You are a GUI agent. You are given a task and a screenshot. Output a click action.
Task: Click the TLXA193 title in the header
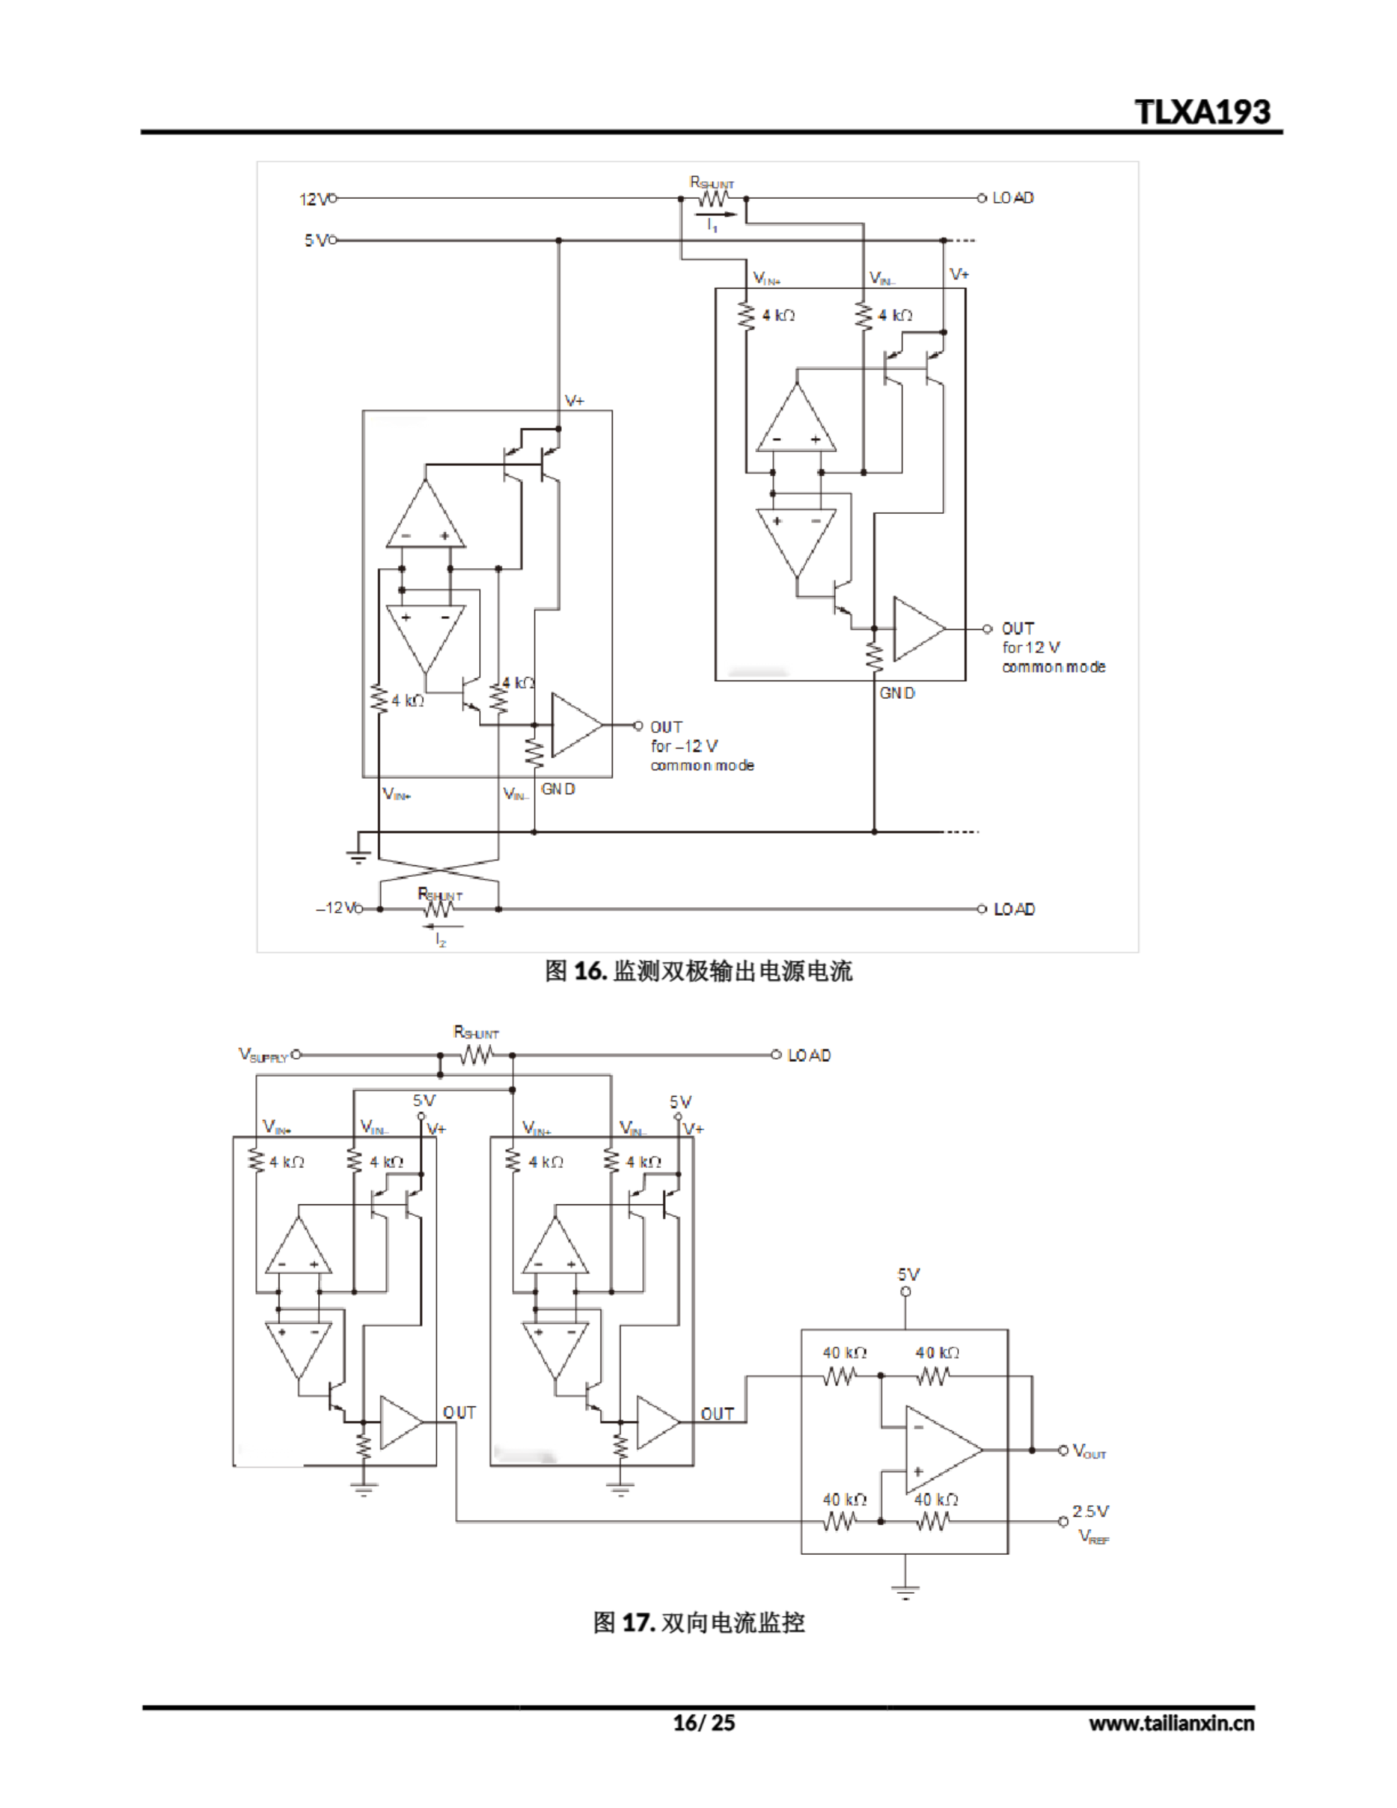[x=1201, y=112]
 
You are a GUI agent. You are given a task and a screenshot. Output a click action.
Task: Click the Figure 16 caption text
[x=698, y=971]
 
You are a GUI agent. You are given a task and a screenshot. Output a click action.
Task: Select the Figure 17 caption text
[x=698, y=1622]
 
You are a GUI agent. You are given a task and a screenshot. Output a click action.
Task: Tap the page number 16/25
[x=703, y=1723]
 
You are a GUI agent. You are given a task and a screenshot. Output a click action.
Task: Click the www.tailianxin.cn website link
[x=1171, y=1723]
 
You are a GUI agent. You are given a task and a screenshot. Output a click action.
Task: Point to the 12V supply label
[x=313, y=199]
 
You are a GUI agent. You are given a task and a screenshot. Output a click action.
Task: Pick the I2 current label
[x=441, y=939]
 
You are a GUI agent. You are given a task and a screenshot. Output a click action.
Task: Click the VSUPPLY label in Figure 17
[x=263, y=1056]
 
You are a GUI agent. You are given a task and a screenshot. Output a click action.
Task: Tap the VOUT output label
[x=1089, y=1451]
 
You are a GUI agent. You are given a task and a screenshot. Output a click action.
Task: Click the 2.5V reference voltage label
[x=1090, y=1511]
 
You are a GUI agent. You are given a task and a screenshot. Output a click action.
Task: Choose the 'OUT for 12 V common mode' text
[x=1052, y=648]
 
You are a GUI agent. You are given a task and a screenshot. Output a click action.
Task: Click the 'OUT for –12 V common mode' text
[x=701, y=746]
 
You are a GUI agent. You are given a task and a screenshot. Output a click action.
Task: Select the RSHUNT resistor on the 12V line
[x=713, y=198]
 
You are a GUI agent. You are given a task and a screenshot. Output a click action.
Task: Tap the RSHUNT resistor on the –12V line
[x=439, y=909]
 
